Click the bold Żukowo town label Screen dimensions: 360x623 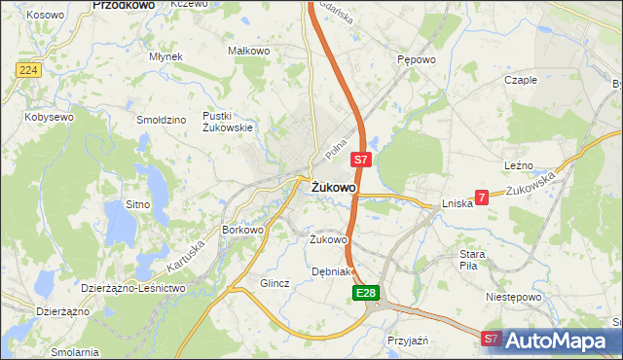point(333,187)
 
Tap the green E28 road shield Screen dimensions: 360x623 point(365,292)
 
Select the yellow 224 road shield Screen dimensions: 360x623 point(27,70)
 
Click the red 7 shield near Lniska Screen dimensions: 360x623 point(482,197)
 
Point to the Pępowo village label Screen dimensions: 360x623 point(415,58)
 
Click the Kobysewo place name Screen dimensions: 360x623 point(50,117)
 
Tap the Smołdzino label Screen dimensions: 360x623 point(162,120)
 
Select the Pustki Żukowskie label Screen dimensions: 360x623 point(227,122)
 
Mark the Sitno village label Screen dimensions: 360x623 point(137,204)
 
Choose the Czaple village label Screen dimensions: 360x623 point(521,80)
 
